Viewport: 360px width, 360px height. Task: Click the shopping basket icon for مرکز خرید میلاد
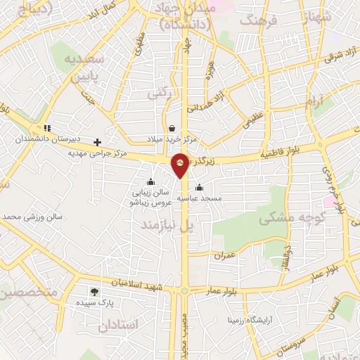(172, 128)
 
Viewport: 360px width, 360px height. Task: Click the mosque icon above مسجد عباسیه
(200, 188)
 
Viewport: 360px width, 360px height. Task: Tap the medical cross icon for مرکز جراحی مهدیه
(98, 142)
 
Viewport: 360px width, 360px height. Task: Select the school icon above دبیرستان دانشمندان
(47, 128)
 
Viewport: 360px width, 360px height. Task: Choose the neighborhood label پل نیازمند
(167, 226)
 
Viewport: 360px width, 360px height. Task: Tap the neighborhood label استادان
(119, 326)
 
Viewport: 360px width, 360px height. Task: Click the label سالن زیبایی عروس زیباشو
(148, 196)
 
